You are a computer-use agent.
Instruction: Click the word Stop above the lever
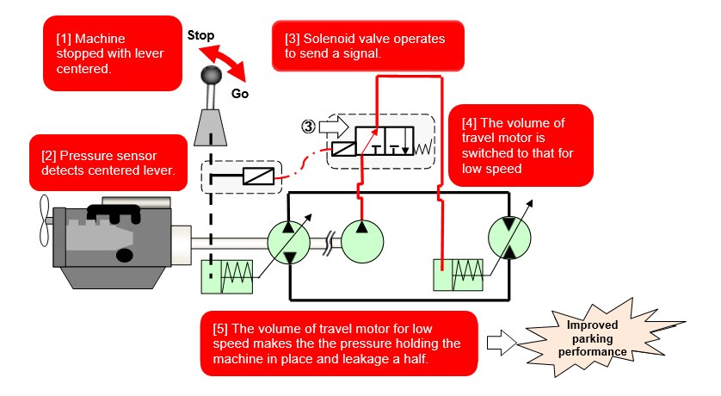202,36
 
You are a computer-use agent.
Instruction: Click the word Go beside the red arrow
240,94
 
